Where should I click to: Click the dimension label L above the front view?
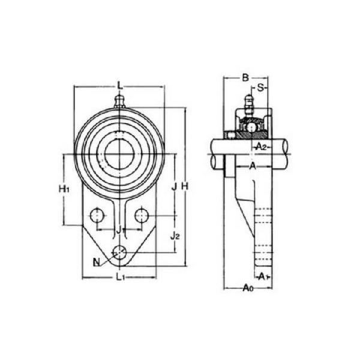(120, 86)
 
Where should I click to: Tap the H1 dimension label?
(64, 189)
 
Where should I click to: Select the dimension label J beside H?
(175, 187)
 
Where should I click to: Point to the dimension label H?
(185, 187)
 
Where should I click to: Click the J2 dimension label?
(175, 236)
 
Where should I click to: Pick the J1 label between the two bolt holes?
(120, 230)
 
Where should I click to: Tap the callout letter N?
(97, 262)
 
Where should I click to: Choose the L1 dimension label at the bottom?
(120, 277)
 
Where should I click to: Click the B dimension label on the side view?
(245, 78)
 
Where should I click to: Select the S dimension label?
(260, 88)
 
